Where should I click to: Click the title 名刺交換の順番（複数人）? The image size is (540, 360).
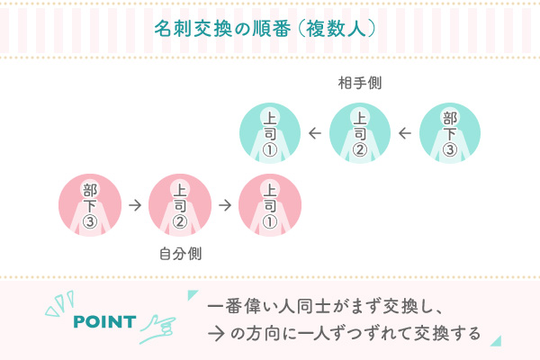click(265, 29)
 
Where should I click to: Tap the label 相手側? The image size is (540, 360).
click(360, 83)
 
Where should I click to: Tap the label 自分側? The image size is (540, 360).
click(180, 254)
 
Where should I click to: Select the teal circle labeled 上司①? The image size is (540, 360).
click(270, 133)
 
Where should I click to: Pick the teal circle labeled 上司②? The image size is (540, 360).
click(360, 133)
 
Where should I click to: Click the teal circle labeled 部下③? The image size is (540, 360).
click(450, 133)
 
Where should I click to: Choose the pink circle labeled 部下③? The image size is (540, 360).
click(90, 205)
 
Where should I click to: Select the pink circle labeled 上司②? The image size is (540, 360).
click(180, 205)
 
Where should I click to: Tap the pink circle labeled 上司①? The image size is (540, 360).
click(270, 205)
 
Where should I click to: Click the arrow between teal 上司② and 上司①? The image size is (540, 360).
click(315, 133)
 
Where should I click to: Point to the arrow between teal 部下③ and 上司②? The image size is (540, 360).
click(405, 133)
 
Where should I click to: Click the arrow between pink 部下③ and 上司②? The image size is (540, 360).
click(135, 205)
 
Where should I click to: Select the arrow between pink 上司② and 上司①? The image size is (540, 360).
click(225, 205)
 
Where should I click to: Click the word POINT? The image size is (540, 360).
click(104, 322)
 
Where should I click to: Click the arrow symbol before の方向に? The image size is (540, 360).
click(216, 334)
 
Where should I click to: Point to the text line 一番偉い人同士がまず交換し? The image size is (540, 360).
click(324, 306)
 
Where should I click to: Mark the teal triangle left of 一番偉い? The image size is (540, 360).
click(192, 294)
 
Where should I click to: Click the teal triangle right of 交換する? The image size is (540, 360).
click(496, 340)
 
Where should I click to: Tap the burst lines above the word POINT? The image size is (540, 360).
click(60, 303)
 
